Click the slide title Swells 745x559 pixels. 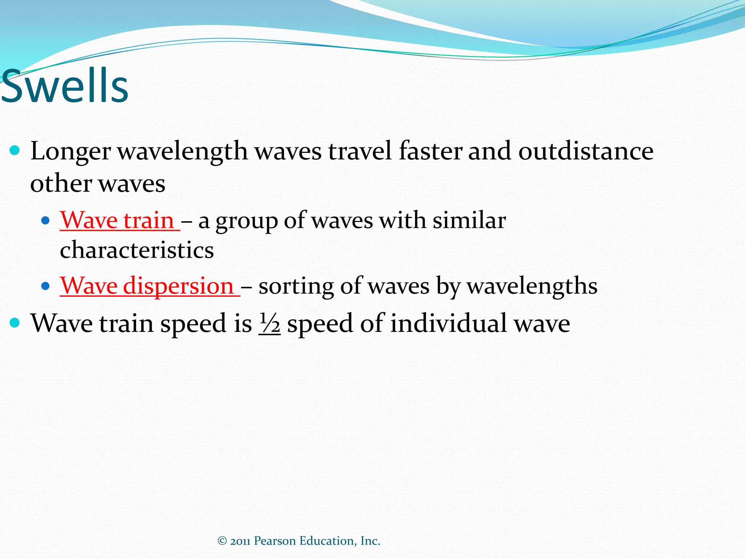(x=65, y=86)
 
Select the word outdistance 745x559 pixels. (x=586, y=151)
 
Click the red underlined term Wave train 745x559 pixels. (x=117, y=220)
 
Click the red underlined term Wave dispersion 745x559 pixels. (x=147, y=286)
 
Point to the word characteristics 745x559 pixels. (x=137, y=250)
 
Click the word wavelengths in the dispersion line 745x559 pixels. (x=532, y=286)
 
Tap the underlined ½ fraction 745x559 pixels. (x=270, y=324)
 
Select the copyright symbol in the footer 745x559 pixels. (x=222, y=541)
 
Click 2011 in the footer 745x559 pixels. (x=240, y=541)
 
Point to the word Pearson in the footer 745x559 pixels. (x=275, y=541)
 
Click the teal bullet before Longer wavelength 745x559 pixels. (x=15, y=150)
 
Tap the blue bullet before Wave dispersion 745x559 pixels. (x=45, y=286)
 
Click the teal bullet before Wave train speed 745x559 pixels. (x=15, y=322)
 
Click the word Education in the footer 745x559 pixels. (x=328, y=541)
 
